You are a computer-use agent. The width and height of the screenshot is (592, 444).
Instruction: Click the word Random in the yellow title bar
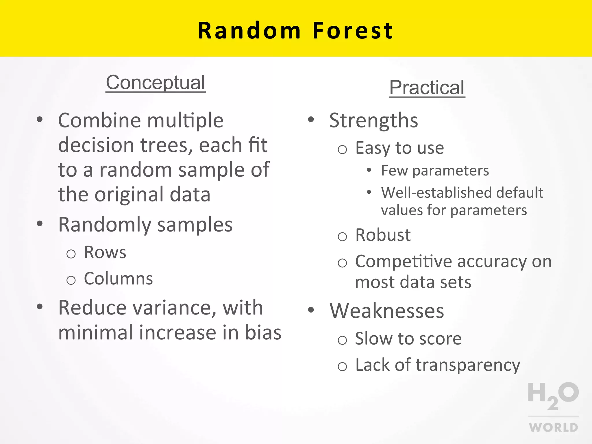pyautogui.click(x=249, y=31)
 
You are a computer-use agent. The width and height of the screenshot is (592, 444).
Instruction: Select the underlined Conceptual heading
pyautogui.click(x=156, y=83)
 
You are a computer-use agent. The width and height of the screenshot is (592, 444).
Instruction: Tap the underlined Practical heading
pyautogui.click(x=427, y=88)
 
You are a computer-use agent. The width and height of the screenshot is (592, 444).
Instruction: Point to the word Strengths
pyautogui.click(x=373, y=120)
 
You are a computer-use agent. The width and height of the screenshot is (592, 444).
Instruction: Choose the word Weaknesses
pyautogui.click(x=387, y=311)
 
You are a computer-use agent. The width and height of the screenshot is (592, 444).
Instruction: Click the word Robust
pyautogui.click(x=383, y=235)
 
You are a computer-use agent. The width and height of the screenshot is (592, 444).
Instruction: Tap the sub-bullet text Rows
pyautogui.click(x=105, y=252)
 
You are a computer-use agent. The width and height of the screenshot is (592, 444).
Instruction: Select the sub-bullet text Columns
pyautogui.click(x=118, y=279)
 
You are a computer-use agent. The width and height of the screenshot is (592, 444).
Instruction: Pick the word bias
pyautogui.click(x=263, y=332)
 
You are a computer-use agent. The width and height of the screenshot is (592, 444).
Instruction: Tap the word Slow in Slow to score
pyautogui.click(x=373, y=338)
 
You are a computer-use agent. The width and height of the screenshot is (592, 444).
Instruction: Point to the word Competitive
pyautogui.click(x=404, y=262)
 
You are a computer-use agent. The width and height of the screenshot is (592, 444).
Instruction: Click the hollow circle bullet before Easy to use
pyautogui.click(x=342, y=149)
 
